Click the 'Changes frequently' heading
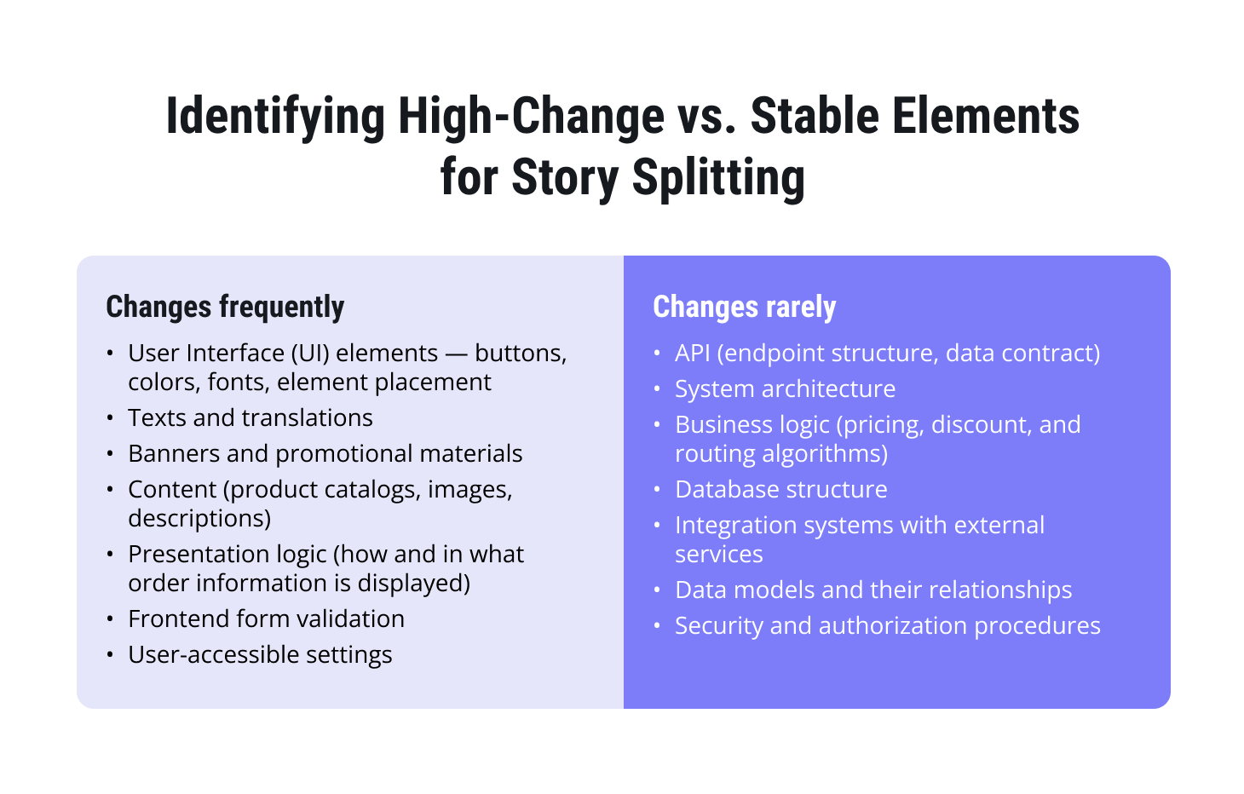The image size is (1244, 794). tap(225, 307)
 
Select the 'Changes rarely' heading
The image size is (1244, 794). tap(744, 307)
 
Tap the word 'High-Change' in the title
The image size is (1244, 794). tap(531, 117)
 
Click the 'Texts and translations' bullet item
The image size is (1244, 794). tap(251, 417)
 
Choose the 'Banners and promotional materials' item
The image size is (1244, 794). tap(325, 453)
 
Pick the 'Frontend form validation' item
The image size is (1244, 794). tap(266, 619)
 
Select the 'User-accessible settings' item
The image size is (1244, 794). tap(260, 654)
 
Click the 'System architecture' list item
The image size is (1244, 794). tap(785, 388)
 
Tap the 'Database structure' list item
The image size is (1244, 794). tap(780, 489)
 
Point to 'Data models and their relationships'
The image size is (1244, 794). tap(873, 590)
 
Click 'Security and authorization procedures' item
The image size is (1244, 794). tap(887, 625)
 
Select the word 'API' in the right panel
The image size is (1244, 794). tap(693, 353)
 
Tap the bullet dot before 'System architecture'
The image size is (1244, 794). tap(657, 388)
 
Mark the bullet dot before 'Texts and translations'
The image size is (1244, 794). tap(110, 417)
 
